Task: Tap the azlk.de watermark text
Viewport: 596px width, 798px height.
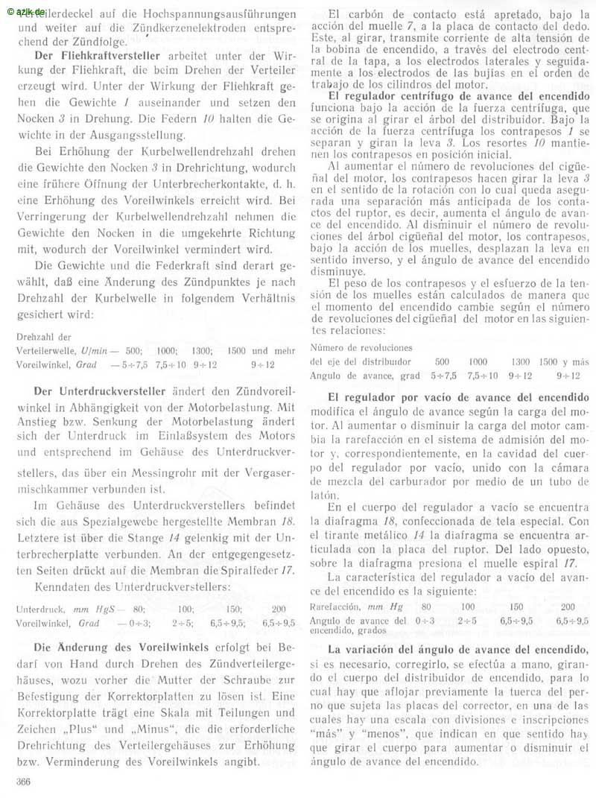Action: [25, 7]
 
